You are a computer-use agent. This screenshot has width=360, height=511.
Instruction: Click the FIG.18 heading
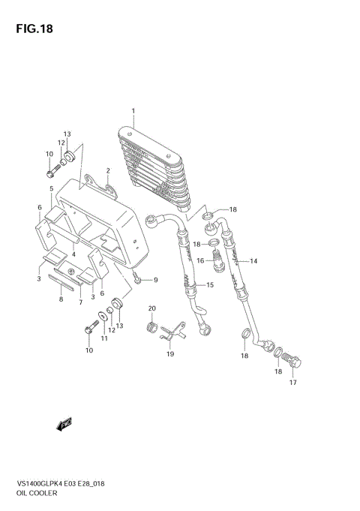point(31,30)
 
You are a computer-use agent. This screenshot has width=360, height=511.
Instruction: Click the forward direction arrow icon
point(64,425)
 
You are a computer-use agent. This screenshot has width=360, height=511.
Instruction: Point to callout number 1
point(133,112)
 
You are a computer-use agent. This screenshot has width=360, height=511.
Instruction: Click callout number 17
point(292,383)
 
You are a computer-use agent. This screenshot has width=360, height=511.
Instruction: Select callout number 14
point(253,261)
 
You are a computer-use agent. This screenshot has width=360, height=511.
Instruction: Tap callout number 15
point(210,285)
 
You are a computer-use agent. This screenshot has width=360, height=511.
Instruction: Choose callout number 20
point(151,308)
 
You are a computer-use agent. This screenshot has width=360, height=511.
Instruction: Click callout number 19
point(169,353)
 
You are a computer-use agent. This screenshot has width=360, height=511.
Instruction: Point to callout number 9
point(155,281)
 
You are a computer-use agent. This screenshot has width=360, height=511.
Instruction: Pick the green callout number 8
point(61,299)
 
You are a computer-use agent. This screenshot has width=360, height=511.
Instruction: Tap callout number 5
point(51,188)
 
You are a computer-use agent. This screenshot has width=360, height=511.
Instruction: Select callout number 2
point(108,170)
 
